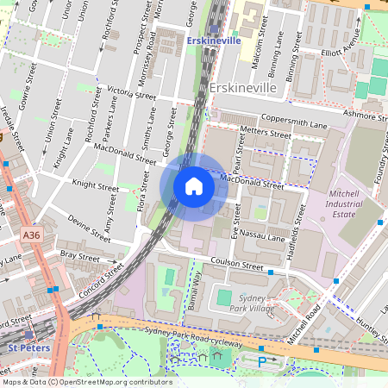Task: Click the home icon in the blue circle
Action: [194, 186]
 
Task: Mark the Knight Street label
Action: [95, 185]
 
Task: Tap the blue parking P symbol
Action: [262, 361]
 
